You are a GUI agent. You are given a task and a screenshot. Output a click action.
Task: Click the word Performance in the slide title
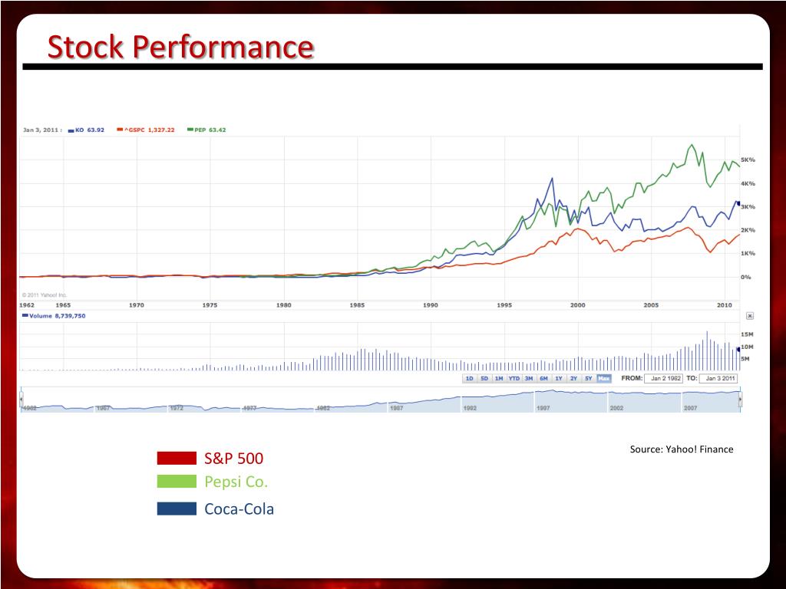223,47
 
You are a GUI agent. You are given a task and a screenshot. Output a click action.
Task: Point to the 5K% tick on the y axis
747,160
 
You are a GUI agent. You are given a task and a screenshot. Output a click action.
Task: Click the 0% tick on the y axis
745,277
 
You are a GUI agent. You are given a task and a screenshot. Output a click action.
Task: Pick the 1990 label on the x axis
431,305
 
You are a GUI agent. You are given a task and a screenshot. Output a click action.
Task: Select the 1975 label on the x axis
210,305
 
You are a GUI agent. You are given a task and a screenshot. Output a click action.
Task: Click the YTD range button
514,378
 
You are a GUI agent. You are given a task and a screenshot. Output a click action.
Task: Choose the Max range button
603,378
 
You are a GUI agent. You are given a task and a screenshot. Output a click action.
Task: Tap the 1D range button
469,378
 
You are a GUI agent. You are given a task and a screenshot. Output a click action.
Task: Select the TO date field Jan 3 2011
720,378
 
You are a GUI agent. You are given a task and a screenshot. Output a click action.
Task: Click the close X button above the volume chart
750,315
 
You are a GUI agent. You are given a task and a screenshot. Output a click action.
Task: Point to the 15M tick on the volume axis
747,334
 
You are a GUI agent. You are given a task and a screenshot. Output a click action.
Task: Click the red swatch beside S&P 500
177,459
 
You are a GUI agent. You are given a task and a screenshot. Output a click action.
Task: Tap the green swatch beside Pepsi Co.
177,482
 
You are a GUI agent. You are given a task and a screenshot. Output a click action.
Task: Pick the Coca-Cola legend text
239,508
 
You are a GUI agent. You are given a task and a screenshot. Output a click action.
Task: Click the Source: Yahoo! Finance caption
682,449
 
